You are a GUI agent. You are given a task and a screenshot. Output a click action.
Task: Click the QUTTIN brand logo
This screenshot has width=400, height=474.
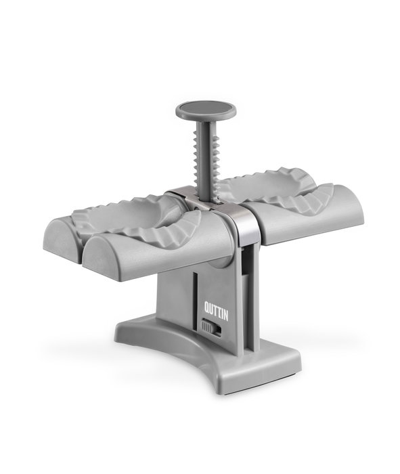pyautogui.click(x=216, y=311)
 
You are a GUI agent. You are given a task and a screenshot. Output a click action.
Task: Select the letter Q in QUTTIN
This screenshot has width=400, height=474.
pyautogui.click(x=206, y=307)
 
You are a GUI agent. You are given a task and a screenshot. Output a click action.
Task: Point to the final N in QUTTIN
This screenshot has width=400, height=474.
pyautogui.click(x=225, y=315)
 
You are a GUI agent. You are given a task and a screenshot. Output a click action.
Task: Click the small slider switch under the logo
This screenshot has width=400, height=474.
pyautogui.click(x=211, y=327)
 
